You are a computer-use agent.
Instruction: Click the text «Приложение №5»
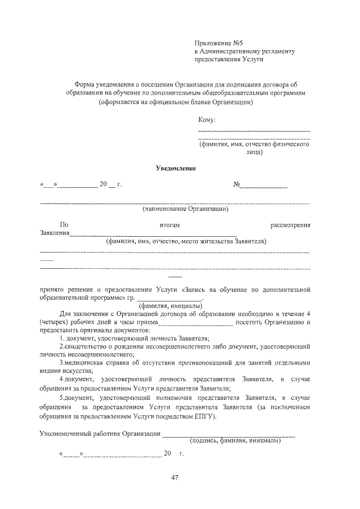click(218, 43)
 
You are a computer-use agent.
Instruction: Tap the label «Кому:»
click(207, 120)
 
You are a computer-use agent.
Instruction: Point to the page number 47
click(175, 478)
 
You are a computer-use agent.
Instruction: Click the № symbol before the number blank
click(237, 184)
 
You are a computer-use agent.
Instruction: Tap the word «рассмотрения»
click(291, 225)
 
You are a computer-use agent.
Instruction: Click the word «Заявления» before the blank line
click(55, 233)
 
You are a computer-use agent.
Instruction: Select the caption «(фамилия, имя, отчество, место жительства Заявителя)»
click(186, 241)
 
